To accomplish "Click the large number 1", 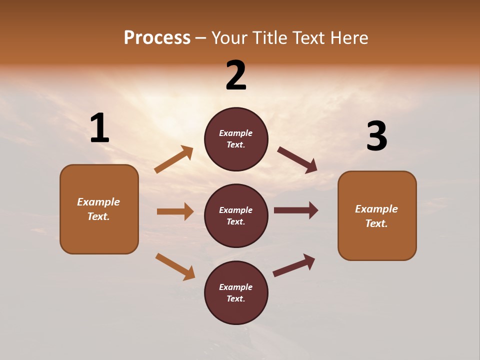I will pyautogui.click(x=99, y=128).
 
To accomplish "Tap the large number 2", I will pyautogui.click(x=236, y=75).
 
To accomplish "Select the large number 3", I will pyautogui.click(x=376, y=136).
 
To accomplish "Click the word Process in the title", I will pyautogui.click(x=157, y=37).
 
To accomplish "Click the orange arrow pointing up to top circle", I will pyautogui.click(x=174, y=159).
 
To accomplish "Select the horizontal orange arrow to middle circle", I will pyautogui.click(x=175, y=211).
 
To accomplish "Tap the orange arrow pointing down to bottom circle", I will pyautogui.click(x=175, y=266).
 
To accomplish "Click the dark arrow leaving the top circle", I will pyautogui.click(x=297, y=160).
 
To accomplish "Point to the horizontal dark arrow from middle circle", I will pyautogui.click(x=295, y=210).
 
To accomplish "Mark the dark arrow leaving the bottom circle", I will pyautogui.click(x=294, y=265).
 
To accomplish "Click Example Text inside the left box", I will pyautogui.click(x=98, y=209).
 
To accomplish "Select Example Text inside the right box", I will pyautogui.click(x=376, y=216).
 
